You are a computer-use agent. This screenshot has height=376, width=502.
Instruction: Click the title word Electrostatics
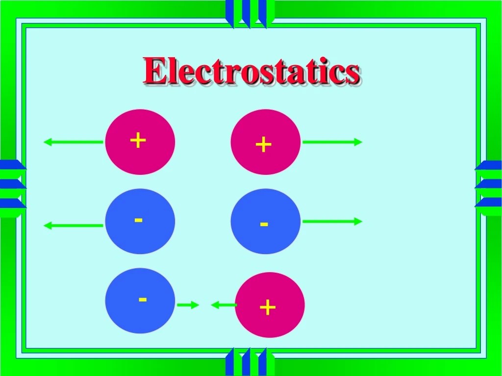tap(252, 71)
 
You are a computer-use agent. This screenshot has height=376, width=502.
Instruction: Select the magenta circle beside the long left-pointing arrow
tap(140, 142)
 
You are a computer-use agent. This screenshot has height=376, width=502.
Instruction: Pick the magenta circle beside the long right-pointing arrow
tap(265, 142)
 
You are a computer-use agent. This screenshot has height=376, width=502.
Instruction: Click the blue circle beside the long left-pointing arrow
tap(140, 221)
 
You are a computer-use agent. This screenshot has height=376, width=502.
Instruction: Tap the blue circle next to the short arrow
tap(140, 301)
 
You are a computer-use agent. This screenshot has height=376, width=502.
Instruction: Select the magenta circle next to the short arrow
tap(270, 305)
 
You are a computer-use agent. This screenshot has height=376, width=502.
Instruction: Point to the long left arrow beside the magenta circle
tap(74, 142)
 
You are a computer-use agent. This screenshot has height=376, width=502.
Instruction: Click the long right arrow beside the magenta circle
tap(332, 142)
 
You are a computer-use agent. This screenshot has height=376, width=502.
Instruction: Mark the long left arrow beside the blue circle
tap(74, 226)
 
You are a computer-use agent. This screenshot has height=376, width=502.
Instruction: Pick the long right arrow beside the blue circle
tap(332, 221)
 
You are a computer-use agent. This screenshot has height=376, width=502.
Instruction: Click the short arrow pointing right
tap(188, 305)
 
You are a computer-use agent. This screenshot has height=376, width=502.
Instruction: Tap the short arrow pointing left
tap(224, 305)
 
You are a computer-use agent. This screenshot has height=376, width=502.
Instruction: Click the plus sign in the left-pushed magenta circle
tap(138, 141)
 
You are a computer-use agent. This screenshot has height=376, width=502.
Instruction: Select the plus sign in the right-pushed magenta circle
tap(263, 144)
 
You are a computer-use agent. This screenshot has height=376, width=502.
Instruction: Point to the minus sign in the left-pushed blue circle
tap(139, 221)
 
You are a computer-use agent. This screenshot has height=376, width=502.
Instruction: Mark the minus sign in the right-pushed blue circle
tap(264, 225)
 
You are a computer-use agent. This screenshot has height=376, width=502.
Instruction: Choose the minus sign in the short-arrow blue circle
tap(143, 299)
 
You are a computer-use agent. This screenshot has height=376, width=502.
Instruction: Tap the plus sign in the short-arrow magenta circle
tap(267, 307)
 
